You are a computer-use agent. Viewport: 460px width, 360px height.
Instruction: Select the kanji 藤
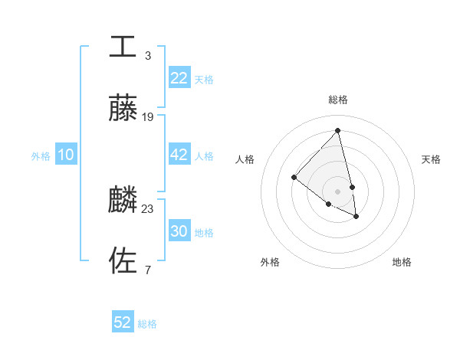123,109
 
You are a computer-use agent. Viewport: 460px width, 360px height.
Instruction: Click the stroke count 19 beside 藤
148,117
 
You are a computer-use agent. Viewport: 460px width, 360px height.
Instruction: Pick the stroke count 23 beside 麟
148,208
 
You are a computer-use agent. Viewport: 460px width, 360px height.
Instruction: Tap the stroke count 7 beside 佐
147,270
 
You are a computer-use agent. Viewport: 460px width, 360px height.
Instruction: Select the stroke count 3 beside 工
147,55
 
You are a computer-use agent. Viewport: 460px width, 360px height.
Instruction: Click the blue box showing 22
179,78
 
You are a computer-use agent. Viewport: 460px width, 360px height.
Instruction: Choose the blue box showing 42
179,155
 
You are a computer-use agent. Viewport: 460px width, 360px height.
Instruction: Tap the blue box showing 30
179,231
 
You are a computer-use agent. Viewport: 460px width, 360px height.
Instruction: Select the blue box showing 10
66,155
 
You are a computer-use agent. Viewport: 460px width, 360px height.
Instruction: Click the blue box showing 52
123,322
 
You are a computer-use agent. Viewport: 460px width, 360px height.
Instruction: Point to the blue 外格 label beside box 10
41,156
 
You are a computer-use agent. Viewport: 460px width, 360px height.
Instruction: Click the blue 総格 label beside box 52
147,324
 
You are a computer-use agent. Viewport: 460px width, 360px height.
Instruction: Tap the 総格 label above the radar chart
337,100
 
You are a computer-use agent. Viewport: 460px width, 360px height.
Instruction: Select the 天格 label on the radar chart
431,159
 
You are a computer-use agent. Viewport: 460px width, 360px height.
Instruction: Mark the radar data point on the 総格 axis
337,131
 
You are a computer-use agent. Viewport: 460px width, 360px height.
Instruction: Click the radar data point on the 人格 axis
294,178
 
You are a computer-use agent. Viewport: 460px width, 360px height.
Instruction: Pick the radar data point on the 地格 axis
356,217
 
